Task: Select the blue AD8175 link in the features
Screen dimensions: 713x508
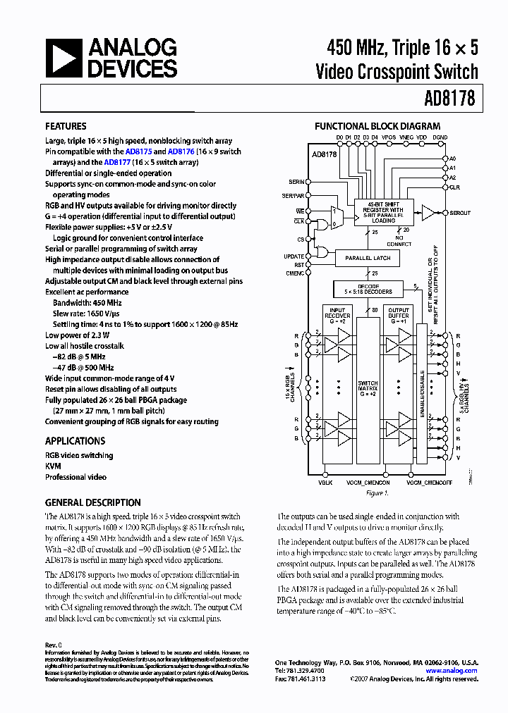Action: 137,151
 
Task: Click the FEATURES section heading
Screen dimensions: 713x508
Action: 66,127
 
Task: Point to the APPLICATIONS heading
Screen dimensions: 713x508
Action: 75,441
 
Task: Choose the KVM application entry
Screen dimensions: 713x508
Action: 53,466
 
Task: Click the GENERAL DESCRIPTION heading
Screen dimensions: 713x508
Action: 92,502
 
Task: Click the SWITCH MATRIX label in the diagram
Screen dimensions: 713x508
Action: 368,387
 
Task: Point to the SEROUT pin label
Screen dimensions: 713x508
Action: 460,213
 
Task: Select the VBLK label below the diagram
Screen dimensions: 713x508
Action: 325,483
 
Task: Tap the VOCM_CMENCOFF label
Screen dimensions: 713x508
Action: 429,483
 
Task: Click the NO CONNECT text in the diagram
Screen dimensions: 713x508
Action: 404,241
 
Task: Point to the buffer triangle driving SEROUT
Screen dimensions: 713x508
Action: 428,211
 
